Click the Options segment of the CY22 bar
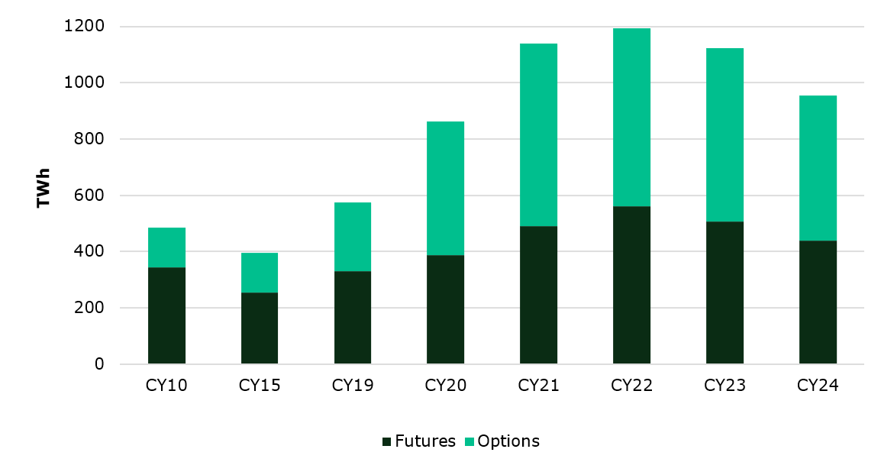631,117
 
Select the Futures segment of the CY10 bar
166,315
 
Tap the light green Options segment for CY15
260,273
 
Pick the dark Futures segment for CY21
538,295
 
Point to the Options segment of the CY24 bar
818,168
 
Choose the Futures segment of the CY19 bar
353,318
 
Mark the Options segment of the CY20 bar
445,188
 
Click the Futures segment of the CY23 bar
724,292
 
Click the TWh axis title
44,188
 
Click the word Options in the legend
508,441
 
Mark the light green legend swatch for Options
470,442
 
